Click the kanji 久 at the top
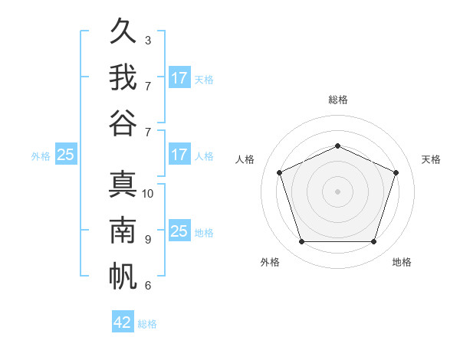pos(123,31)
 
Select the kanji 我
pos(123,77)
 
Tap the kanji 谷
pos(123,123)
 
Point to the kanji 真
pos(123,184)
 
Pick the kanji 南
pos(123,230)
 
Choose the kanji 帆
pos(123,277)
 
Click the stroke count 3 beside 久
pos(148,41)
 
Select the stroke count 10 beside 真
pos(147,194)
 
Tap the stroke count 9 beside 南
pos(148,240)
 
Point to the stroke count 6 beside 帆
pos(148,286)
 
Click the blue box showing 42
pos(123,321)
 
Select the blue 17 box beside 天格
pos(180,77)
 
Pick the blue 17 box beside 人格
pos(180,154)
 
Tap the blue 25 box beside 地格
pos(180,230)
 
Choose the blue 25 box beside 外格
pos(66,154)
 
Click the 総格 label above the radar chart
pos(338,100)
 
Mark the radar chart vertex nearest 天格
pos(396,172)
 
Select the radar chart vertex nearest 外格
pos(302,242)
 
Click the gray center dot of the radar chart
pos(337,191)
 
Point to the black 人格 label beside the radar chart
pos(245,159)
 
